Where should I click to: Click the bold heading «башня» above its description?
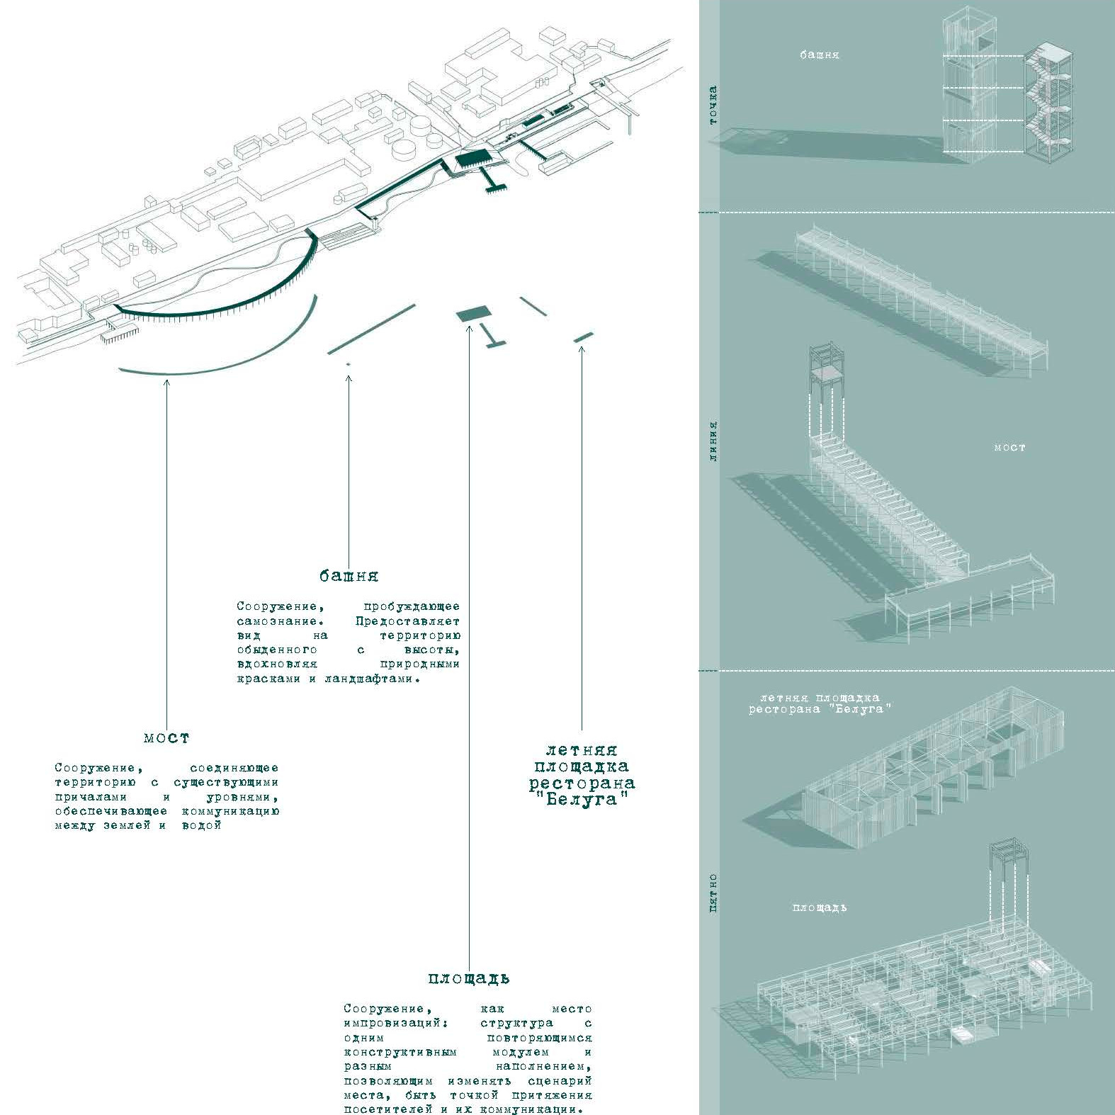(349, 575)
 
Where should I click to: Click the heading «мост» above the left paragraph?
(166, 737)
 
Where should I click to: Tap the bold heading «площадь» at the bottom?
(468, 978)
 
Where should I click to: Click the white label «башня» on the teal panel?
(820, 55)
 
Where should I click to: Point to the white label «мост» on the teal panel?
(1009, 448)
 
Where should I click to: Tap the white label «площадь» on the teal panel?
(820, 907)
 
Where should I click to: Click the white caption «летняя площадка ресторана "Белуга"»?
(820, 703)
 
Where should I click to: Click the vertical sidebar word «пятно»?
(713, 893)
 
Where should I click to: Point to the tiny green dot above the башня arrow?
(348, 364)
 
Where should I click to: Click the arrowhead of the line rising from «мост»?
(166, 383)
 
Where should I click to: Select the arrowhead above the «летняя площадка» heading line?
(582, 348)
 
